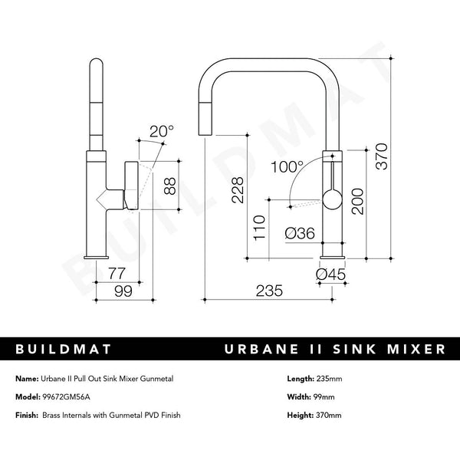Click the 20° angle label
(x=162, y=131)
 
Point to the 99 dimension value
(x=122, y=291)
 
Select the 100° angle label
(x=287, y=166)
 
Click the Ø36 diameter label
(x=299, y=234)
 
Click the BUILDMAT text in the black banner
(x=64, y=350)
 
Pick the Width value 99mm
(x=323, y=397)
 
